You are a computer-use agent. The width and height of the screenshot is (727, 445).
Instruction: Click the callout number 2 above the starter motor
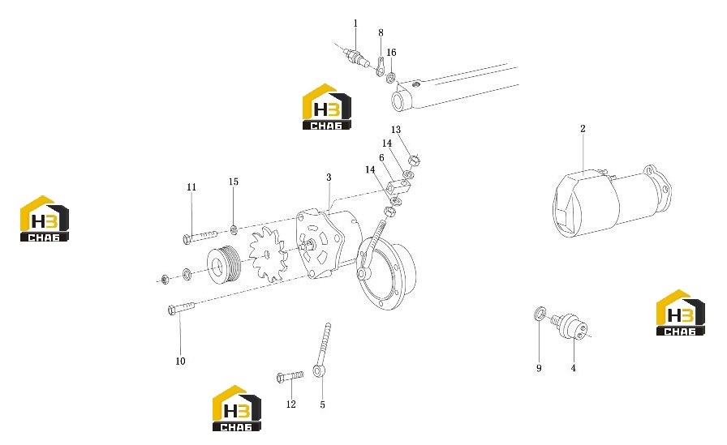[583, 129]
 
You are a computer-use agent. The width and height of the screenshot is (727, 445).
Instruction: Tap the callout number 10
[180, 362]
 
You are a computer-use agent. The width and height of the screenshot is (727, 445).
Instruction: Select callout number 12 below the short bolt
[290, 404]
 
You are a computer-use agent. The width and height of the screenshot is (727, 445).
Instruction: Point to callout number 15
[233, 182]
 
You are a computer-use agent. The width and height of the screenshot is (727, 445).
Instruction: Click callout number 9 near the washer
[539, 368]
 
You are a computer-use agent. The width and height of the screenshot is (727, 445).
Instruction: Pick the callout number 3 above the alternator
[329, 178]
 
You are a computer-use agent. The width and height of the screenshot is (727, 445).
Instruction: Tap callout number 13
[395, 130]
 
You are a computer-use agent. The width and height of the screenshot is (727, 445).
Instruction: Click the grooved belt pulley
[224, 265]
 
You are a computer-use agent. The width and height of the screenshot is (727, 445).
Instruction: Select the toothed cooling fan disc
[266, 255]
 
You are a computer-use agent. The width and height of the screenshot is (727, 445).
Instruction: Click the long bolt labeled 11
[200, 236]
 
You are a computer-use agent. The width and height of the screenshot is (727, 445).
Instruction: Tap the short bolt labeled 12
[290, 376]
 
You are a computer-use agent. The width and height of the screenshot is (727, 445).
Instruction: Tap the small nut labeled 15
[234, 229]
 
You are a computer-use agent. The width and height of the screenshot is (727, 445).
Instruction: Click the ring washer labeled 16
[391, 77]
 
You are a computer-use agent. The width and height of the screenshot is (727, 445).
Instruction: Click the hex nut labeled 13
[414, 160]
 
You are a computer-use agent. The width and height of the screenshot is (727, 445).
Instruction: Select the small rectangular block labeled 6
[399, 187]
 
